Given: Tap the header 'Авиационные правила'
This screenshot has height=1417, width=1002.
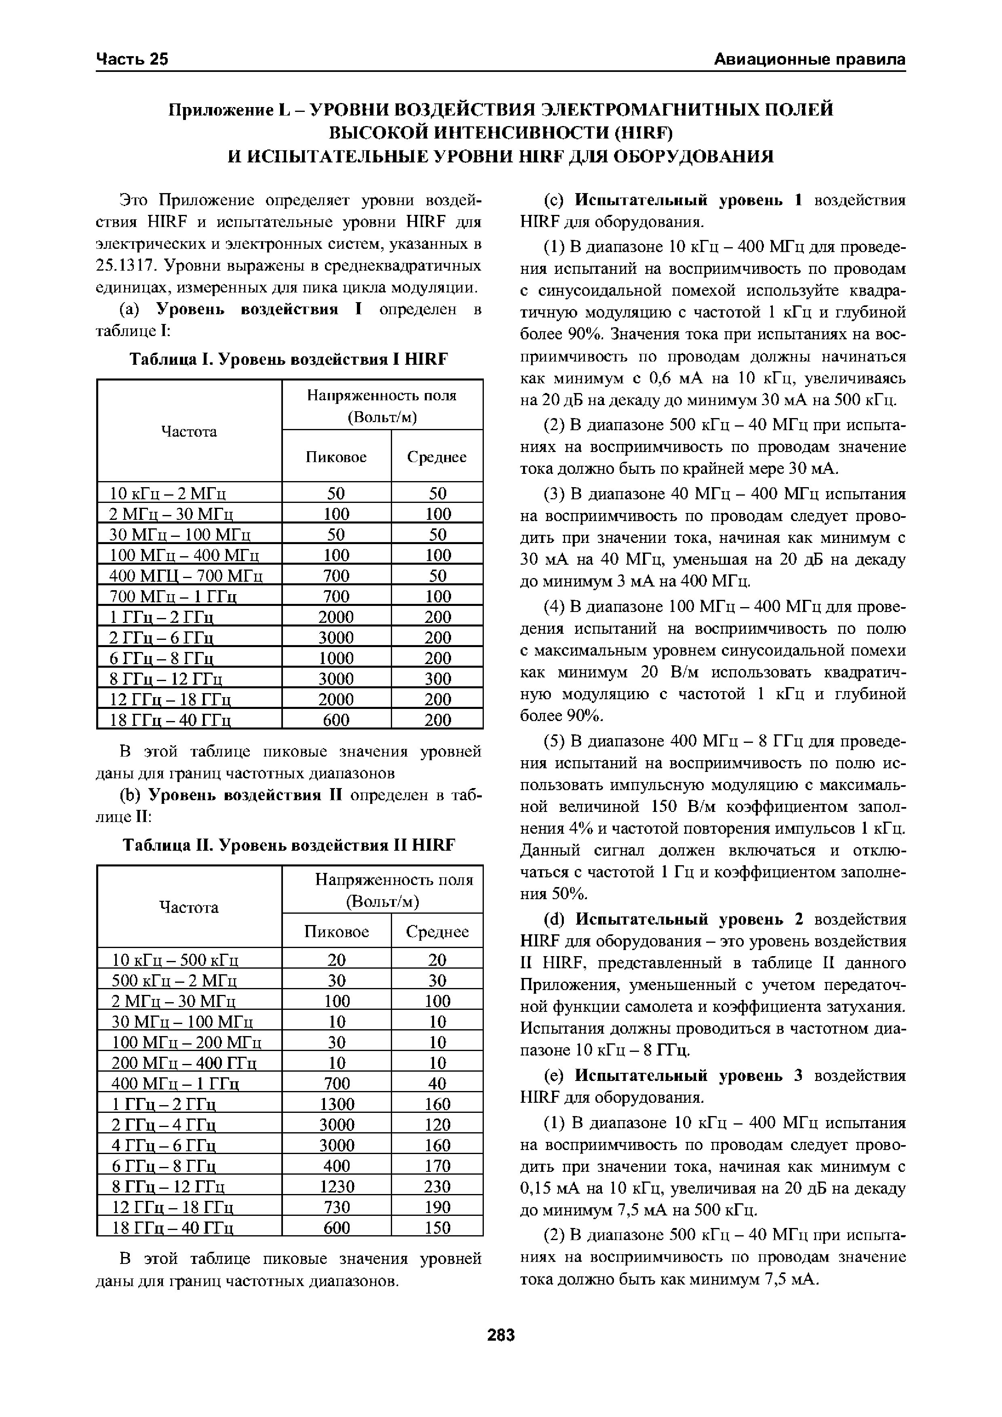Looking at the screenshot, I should pos(809,59).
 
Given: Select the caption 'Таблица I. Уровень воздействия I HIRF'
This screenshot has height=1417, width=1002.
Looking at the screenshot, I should pos(288,359).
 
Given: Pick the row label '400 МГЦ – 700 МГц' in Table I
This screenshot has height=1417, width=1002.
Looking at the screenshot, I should pos(186,576).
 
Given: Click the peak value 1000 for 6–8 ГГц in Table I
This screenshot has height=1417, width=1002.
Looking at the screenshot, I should pos(336,658).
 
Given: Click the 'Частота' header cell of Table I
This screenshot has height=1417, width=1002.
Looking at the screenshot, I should pos(189,431).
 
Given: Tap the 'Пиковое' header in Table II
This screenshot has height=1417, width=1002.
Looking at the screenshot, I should pos(336,931).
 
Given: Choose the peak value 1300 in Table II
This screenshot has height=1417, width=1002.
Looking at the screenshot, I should pos(336,1104).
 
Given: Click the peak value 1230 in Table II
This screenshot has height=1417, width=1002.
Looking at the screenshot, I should pos(336,1186).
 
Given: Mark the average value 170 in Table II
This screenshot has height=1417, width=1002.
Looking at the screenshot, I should pos(438,1166).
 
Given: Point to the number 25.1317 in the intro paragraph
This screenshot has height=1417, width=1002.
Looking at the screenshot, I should pos(128,265).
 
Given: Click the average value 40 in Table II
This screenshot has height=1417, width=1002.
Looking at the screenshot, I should pos(438,1084).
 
